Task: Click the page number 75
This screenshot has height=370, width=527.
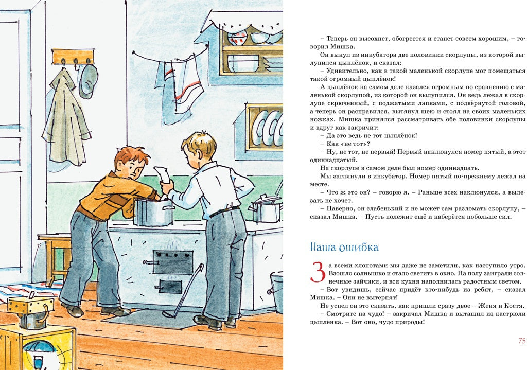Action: [521, 341]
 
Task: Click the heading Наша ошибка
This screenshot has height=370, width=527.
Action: [344, 247]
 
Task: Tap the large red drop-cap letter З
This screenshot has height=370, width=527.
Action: [318, 271]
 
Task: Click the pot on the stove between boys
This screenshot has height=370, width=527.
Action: [153, 212]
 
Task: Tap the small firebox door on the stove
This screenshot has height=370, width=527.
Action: [170, 286]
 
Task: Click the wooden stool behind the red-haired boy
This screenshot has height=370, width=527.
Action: [54, 252]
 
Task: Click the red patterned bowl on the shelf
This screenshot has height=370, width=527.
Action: [237, 37]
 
